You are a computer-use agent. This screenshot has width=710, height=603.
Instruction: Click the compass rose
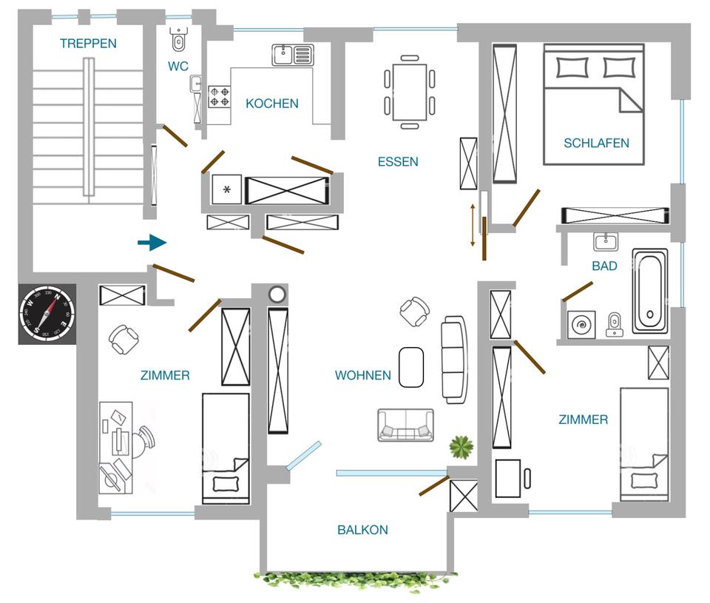click(x=47, y=314)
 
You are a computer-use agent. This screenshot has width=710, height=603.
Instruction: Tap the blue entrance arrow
click(x=152, y=243)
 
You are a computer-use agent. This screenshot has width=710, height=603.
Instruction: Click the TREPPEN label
click(x=88, y=44)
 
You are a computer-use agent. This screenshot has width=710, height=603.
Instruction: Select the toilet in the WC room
click(x=179, y=39)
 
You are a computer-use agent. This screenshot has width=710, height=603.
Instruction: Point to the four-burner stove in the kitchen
click(x=219, y=97)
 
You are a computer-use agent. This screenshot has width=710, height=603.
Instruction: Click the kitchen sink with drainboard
click(x=293, y=55)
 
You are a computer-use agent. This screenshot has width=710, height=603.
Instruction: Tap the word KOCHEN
click(x=271, y=104)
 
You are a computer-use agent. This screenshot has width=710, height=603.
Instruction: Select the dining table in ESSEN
click(x=410, y=92)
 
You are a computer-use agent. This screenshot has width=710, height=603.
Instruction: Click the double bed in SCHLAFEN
click(x=594, y=104)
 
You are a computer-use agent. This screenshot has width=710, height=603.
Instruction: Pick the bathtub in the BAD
click(x=651, y=291)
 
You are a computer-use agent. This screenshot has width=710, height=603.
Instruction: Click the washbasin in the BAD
click(x=606, y=241)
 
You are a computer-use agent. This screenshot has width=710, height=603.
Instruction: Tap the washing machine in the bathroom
click(x=581, y=324)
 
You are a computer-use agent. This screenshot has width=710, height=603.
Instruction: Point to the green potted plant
click(x=461, y=447)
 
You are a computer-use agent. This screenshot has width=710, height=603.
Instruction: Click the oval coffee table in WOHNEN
click(x=411, y=368)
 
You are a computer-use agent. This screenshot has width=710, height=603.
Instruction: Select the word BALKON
click(x=362, y=530)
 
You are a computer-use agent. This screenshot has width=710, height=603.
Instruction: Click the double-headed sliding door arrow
click(x=473, y=225)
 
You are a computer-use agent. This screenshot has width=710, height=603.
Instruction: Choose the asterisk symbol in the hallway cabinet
click(x=227, y=189)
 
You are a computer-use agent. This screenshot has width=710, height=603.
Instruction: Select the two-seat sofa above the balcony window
click(x=406, y=425)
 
